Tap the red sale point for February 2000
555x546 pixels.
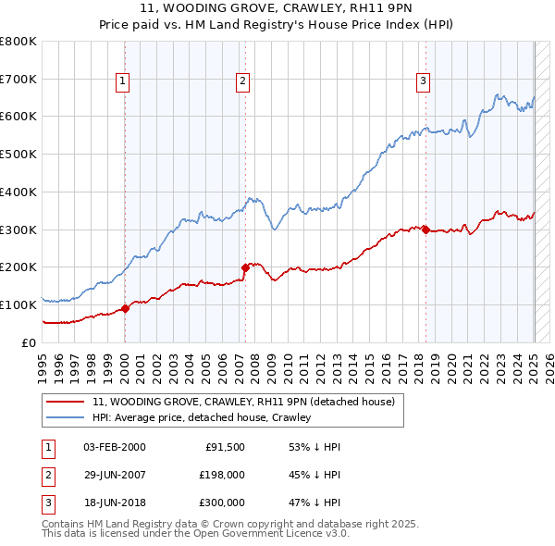click(126, 308)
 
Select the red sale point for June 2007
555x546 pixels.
click(246, 267)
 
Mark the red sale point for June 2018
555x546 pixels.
click(425, 230)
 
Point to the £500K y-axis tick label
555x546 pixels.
click(18, 155)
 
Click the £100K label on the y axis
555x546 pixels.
click(18, 304)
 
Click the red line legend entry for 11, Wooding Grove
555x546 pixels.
click(243, 402)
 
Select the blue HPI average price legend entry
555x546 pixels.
click(201, 417)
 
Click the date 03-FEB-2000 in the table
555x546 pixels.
click(114, 447)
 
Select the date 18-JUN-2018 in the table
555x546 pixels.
click(114, 503)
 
